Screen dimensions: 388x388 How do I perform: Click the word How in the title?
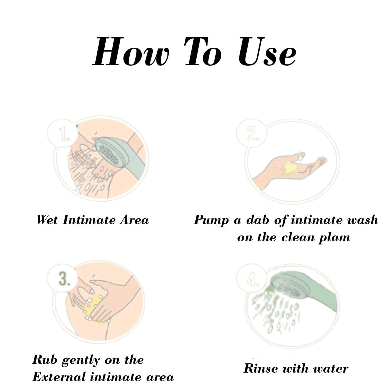(131, 51)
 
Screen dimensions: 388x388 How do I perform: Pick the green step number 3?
(64, 279)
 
